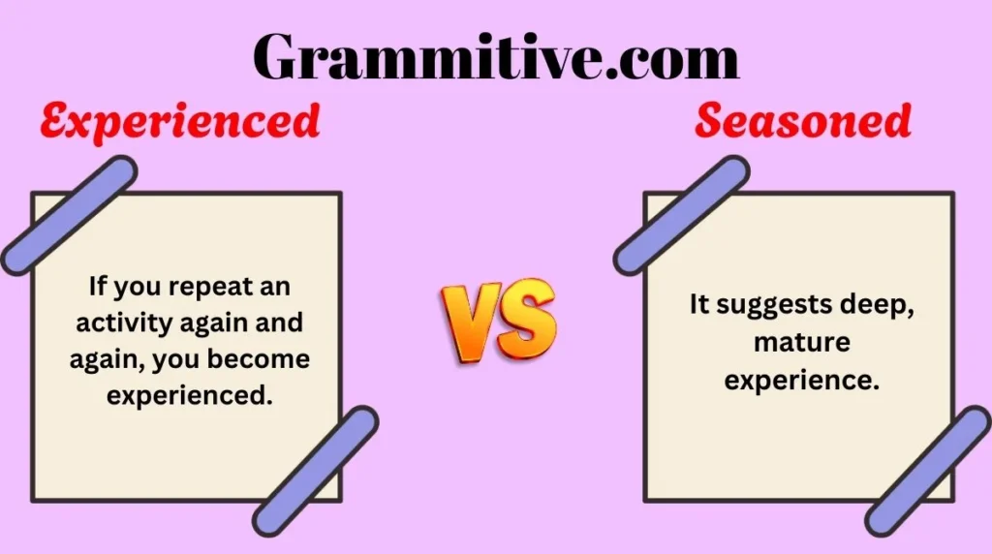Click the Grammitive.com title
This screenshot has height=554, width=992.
coord(496,56)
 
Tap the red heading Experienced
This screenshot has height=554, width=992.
coord(180,122)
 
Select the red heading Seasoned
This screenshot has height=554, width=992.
coord(803,122)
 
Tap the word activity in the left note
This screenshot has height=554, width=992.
coord(114,323)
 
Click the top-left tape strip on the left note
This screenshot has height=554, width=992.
coord(69,214)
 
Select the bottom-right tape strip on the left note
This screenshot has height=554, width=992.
coord(316,471)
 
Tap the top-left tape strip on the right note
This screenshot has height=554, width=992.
coord(682,214)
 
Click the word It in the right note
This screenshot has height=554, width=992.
coord(700,305)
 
